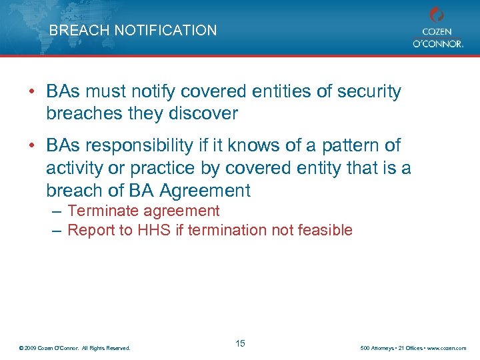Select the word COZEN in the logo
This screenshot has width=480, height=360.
coord(437,31)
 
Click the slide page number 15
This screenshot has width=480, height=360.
coord(240,343)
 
